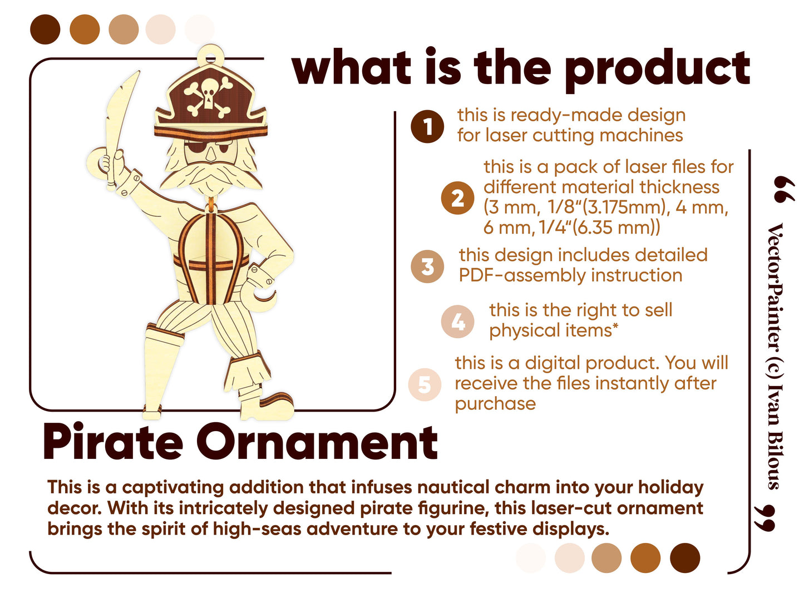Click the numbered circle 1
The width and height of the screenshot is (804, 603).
click(427, 126)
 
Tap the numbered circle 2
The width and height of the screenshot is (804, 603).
click(457, 198)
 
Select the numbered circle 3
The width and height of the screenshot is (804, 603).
click(427, 266)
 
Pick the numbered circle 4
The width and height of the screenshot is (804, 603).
click(457, 322)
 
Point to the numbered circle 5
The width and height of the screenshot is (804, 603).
click(425, 384)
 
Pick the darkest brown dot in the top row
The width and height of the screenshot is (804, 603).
click(45, 29)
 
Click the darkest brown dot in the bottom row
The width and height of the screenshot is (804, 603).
click(684, 557)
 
